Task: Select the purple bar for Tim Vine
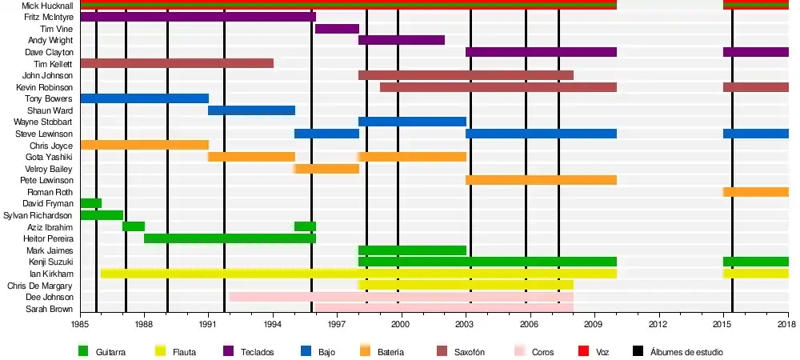(x=337, y=29)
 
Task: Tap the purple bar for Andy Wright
(x=402, y=40)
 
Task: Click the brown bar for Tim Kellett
(x=177, y=63)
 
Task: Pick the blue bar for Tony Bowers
(x=144, y=98)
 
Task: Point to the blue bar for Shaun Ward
(x=251, y=110)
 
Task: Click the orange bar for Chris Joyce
(x=144, y=146)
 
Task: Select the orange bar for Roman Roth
(x=756, y=192)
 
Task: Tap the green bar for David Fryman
(x=91, y=203)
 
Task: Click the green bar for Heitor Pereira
(x=230, y=238)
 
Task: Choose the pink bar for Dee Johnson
(x=401, y=297)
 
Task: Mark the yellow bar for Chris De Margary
(x=466, y=286)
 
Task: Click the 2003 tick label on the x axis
(x=466, y=324)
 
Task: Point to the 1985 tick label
(x=80, y=324)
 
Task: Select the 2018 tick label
(x=788, y=324)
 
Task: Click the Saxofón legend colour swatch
(x=441, y=350)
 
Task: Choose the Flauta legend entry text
(x=185, y=351)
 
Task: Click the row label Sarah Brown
(x=50, y=309)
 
